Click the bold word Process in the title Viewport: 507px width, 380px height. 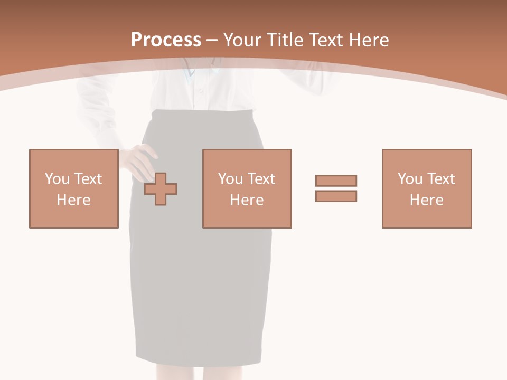point(166,40)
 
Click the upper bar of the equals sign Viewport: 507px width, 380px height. point(336,180)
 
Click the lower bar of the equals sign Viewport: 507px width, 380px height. point(336,196)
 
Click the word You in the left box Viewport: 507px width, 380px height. point(57,178)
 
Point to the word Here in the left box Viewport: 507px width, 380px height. point(73,200)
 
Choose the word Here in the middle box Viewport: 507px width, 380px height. point(247,200)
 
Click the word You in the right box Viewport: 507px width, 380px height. point(410,178)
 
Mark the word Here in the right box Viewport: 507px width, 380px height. point(426,200)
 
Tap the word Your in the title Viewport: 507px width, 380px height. point(242,40)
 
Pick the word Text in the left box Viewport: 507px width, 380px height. point(88,178)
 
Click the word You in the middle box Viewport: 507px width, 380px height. point(230,178)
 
